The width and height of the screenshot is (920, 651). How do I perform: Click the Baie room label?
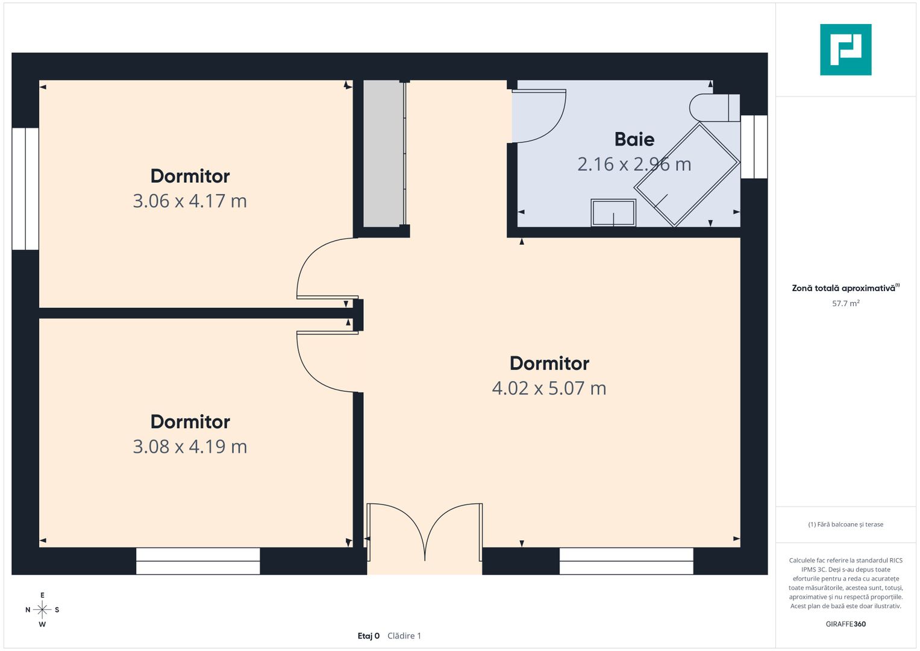634,139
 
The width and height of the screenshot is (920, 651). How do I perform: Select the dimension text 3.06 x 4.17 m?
190,201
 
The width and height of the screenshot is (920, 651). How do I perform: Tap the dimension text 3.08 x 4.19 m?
190,447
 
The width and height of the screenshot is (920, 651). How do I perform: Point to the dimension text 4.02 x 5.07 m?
549,388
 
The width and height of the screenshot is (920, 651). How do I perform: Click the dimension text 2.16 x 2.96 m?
634,165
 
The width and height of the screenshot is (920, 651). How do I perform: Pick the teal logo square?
846,49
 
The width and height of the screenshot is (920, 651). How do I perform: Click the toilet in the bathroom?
715,108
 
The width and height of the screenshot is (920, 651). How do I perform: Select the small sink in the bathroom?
613,212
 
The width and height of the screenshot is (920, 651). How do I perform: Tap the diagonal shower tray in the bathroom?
687,175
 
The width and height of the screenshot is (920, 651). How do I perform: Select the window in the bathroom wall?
754,146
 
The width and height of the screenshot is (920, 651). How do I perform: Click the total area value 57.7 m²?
846,303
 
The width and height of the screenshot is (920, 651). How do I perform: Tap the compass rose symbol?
42,609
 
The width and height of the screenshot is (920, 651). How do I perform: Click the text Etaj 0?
368,636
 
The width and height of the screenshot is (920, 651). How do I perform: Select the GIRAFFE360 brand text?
846,624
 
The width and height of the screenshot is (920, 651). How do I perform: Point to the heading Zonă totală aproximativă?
843,288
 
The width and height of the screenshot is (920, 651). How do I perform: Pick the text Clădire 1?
404,636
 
